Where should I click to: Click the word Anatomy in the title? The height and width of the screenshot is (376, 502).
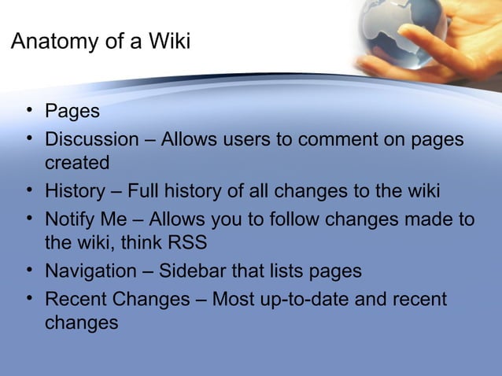pyautogui.click(x=49, y=42)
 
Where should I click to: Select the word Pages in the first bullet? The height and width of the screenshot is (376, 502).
pyautogui.click(x=72, y=111)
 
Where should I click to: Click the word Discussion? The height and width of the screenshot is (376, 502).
pyautogui.click(x=91, y=139)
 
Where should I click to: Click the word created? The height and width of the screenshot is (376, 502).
pyautogui.click(x=76, y=163)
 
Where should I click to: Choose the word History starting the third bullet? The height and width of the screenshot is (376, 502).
pyautogui.click(x=74, y=191)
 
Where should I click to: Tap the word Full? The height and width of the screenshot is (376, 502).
pyautogui.click(x=146, y=191)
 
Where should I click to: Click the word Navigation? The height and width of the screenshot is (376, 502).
pyautogui.click(x=90, y=271)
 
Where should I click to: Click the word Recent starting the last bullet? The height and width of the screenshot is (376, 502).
pyautogui.click(x=76, y=300)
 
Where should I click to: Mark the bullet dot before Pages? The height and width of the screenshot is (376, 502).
pyautogui.click(x=29, y=111)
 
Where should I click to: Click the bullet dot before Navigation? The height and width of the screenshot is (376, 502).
pyautogui.click(x=29, y=271)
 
